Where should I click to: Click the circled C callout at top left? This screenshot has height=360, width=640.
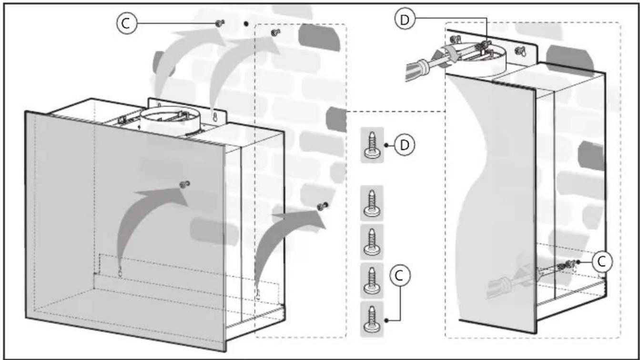coord(127,24)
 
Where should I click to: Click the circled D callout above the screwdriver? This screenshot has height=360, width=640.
coord(405,20)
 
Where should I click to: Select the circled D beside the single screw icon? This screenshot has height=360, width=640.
coord(404,145)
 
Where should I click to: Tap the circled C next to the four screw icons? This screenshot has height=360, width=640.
coord(400,276)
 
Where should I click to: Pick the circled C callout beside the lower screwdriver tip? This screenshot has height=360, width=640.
coord(602,262)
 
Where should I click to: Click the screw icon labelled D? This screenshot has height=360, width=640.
coord(372,145)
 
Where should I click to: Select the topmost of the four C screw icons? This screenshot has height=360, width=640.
coord(372,203)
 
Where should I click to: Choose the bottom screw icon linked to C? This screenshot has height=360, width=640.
coord(372,319)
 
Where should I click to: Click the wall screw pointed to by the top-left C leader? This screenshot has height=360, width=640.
coord(220,23)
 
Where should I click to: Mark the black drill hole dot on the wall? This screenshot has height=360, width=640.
coord(246,24)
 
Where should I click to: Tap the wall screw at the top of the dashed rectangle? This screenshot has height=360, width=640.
coord(275,32)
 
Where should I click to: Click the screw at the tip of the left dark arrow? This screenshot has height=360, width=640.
coord(185,184)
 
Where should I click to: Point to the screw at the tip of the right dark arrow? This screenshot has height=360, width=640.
coord(323,206)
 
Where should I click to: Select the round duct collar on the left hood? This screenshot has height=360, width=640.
coord(171,121)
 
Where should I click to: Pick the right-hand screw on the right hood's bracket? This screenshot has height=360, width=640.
coord(520,52)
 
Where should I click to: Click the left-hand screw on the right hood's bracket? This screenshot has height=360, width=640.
coord(455,39)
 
